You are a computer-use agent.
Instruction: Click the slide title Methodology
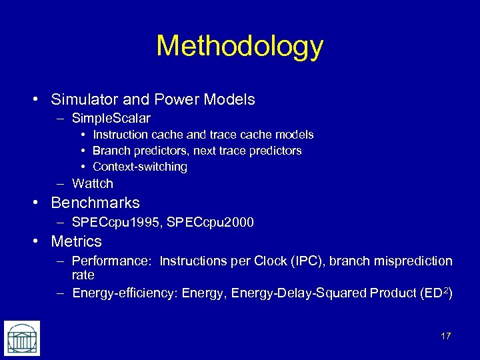[239, 46]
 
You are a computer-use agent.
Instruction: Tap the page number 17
[446, 336]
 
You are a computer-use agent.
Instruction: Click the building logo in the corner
[21, 338]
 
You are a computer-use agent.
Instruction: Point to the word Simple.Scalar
[111, 118]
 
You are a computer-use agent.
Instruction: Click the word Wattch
[93, 183]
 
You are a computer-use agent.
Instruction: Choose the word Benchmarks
[95, 203]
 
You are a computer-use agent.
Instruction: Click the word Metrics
[77, 241]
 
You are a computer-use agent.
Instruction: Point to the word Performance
[111, 261]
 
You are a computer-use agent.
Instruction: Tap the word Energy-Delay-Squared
[293, 293]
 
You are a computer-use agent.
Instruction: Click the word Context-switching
[140, 167]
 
